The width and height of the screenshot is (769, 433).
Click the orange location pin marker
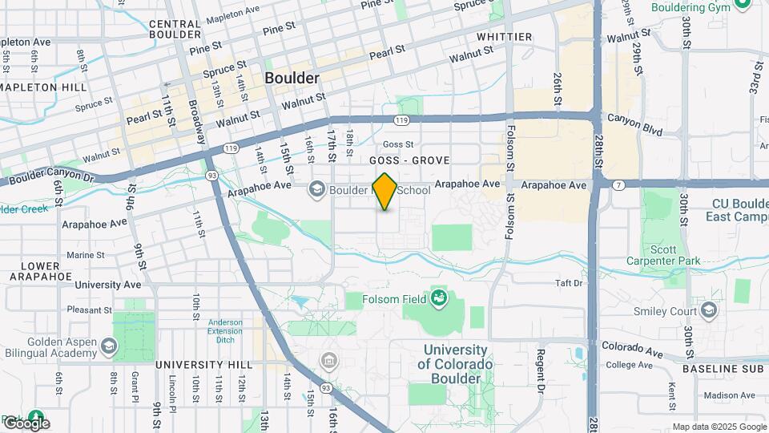click(x=385, y=192)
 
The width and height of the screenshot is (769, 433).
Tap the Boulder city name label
click(x=292, y=79)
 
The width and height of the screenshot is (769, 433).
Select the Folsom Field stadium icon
click(x=438, y=301)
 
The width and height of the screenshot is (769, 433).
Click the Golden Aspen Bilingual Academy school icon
click(x=109, y=346)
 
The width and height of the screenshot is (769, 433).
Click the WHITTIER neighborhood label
click(x=504, y=37)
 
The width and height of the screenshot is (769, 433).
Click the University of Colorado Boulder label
click(x=454, y=364)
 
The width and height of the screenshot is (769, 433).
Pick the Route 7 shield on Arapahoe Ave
click(x=619, y=184)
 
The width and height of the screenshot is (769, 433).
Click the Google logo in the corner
click(x=26, y=423)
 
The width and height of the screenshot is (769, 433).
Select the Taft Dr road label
click(x=569, y=283)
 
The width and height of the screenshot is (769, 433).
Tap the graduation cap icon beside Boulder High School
click(x=316, y=190)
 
